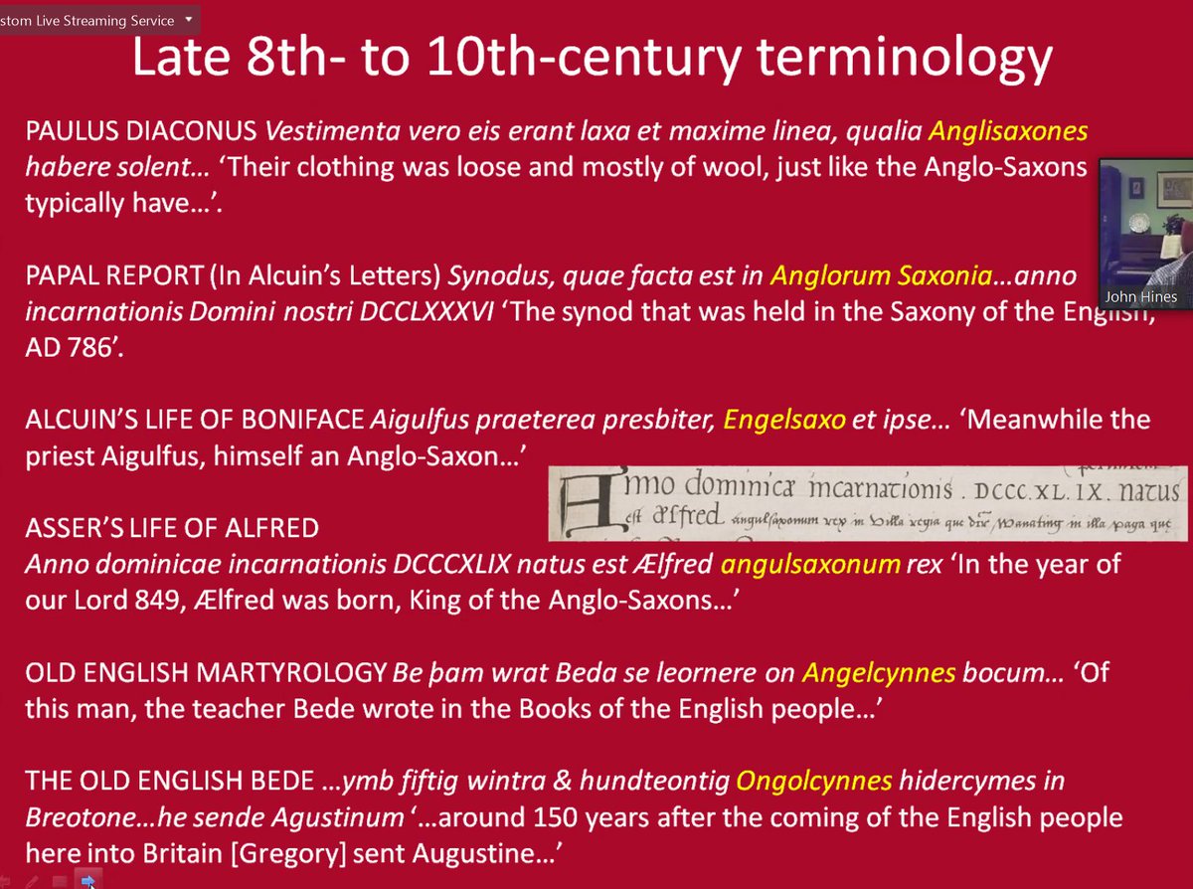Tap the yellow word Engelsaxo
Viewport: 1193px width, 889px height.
(x=784, y=419)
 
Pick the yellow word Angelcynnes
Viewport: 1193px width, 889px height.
(x=878, y=673)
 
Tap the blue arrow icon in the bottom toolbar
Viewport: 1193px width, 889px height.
(x=87, y=880)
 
